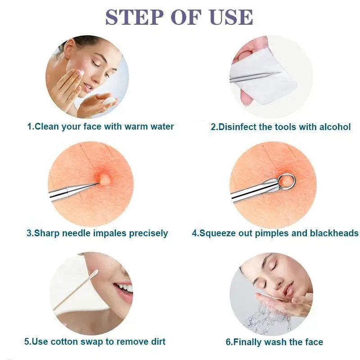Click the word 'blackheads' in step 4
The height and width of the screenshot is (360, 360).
tap(334, 233)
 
